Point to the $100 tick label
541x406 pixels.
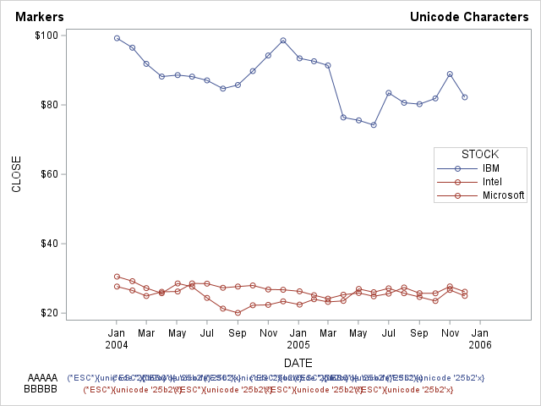point(46,36)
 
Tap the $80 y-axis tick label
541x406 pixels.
point(48,105)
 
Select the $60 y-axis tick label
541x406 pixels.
point(48,174)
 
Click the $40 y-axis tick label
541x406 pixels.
point(48,244)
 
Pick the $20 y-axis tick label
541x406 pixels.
point(48,313)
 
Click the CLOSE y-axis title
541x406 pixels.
point(17,173)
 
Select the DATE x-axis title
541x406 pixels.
point(298,363)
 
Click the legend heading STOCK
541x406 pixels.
point(479,154)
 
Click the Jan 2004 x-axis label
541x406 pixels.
point(117,338)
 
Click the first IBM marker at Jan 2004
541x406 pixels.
point(117,38)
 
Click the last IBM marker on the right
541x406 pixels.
point(465,97)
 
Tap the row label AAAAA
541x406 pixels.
point(42,377)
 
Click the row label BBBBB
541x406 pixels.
point(42,389)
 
